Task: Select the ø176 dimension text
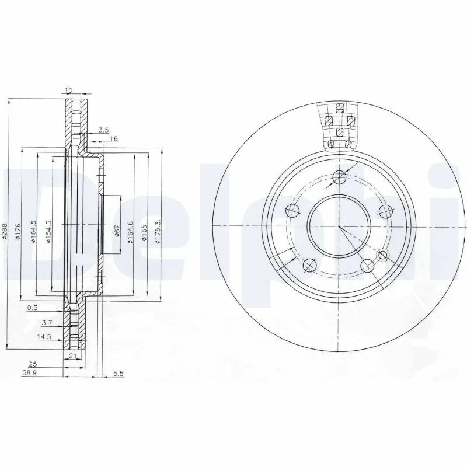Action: click(19, 231)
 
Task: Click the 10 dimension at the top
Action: click(69, 90)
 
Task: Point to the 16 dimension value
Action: click(114, 139)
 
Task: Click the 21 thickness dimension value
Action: click(74, 356)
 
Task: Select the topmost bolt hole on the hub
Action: click(337, 177)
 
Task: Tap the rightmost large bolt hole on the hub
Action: click(384, 211)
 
